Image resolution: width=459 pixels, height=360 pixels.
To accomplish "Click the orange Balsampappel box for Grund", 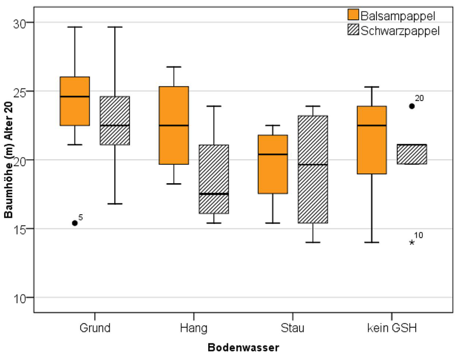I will (x=75, y=101).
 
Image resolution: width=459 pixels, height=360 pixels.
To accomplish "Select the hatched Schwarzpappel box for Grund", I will (x=115, y=121).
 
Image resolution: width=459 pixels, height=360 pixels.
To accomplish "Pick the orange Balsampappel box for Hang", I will (x=174, y=125).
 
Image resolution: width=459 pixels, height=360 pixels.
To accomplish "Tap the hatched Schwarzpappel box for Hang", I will (x=213, y=179).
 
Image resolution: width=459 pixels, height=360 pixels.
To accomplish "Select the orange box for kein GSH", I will (x=371, y=140).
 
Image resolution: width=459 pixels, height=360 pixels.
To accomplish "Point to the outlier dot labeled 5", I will (x=75, y=223).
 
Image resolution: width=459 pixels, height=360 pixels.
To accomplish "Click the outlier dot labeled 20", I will (x=411, y=106).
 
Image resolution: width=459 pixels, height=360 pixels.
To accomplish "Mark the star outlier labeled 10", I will (x=411, y=243).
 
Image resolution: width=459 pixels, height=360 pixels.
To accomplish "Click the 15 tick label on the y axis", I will (x=20, y=229).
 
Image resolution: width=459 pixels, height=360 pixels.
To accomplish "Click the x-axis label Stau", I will (x=293, y=328).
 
